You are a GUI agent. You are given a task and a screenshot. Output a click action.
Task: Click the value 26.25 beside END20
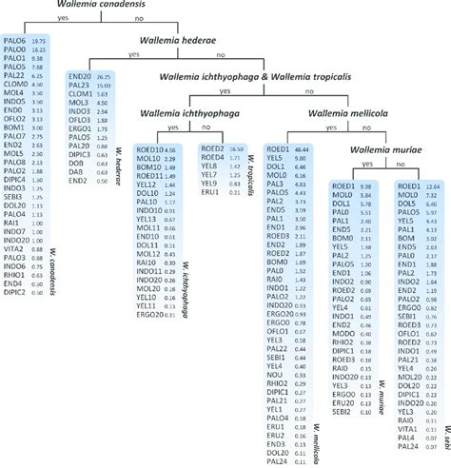point(104,76)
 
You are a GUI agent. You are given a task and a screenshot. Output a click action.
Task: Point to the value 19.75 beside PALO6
point(38,41)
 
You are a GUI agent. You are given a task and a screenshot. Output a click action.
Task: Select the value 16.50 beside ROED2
point(237,149)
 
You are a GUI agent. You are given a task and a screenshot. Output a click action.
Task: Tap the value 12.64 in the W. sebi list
point(432,186)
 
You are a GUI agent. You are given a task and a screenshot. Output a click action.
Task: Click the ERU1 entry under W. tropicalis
point(210,192)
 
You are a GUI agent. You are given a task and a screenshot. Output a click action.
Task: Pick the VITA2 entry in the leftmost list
point(15,247)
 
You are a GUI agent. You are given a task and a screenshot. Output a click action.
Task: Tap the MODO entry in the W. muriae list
point(342,334)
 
